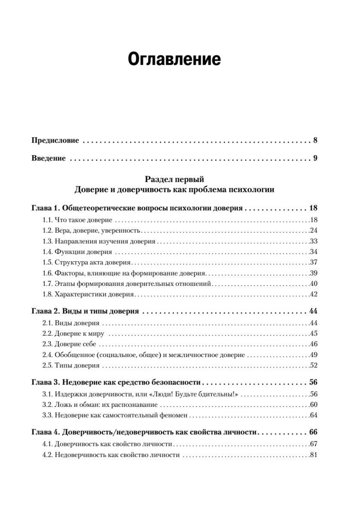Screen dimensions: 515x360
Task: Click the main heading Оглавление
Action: coord(174,59)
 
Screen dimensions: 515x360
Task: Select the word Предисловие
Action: coord(55,140)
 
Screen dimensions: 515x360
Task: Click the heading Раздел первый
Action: coord(174,179)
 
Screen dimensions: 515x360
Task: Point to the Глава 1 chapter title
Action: coord(138,209)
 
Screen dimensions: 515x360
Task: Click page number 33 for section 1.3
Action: coord(313,241)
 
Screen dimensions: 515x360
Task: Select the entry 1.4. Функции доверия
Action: coord(77,252)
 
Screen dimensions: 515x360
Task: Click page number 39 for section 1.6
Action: coord(313,273)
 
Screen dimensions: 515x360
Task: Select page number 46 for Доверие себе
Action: coord(313,344)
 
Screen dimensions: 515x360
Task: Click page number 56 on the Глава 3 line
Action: coord(312,383)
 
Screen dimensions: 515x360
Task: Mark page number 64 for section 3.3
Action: coord(313,415)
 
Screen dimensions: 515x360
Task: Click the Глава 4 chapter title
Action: coord(144,432)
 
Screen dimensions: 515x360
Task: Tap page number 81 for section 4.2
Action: coord(313,454)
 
